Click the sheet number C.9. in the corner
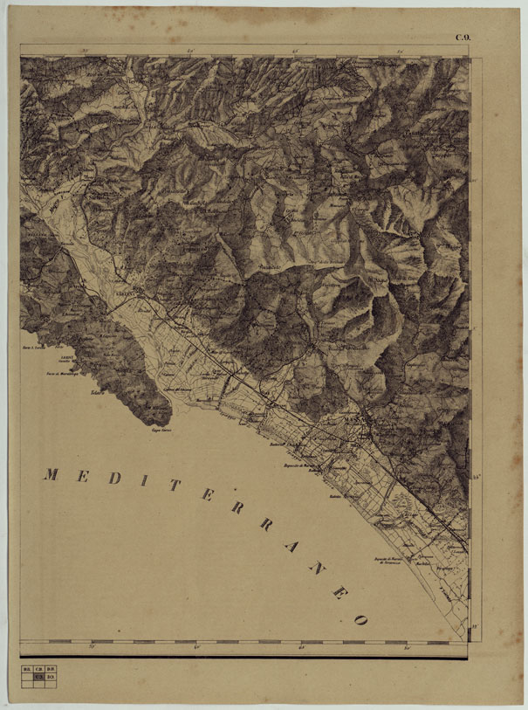click(462, 36)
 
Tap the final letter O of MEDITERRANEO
click(358, 618)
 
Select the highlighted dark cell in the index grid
click(38, 676)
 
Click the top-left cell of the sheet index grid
click(28, 668)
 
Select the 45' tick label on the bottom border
click(302, 647)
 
